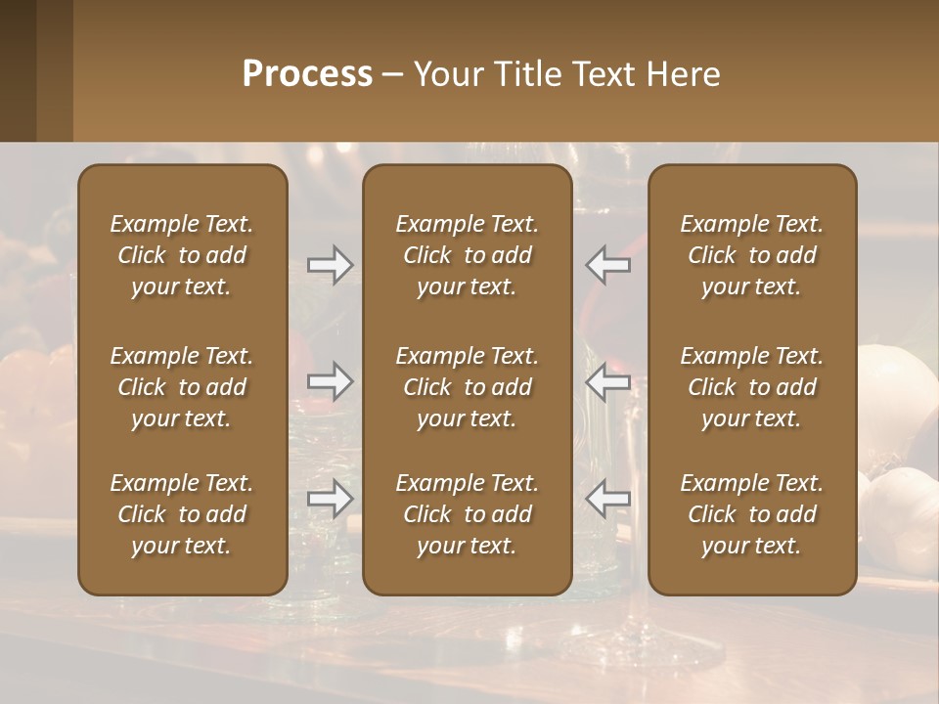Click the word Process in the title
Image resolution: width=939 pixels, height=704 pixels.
tap(307, 74)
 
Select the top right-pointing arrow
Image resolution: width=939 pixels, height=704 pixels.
tap(330, 265)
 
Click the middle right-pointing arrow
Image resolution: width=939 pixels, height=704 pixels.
tap(330, 381)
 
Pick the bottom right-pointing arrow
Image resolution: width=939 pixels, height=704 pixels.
tap(330, 499)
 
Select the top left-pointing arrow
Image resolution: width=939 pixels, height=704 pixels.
tap(607, 265)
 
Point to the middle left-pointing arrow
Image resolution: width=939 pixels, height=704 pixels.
tap(607, 381)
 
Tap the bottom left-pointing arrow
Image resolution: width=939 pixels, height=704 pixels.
tap(607, 499)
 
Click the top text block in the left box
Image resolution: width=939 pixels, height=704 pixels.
tap(182, 255)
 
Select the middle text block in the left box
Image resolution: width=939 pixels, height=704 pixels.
tap(182, 387)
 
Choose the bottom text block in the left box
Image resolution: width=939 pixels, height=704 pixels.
tap(182, 514)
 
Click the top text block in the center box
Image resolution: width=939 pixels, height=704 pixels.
tap(467, 255)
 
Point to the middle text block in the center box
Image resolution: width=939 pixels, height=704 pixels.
tap(467, 387)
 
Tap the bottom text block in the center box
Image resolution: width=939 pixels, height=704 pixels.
tap(467, 514)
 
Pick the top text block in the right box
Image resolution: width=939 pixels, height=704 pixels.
tap(751, 255)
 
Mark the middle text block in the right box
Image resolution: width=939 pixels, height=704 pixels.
tap(751, 387)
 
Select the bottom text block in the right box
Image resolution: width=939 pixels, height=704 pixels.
tap(751, 514)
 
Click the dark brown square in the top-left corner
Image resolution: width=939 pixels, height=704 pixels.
tap(18, 70)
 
